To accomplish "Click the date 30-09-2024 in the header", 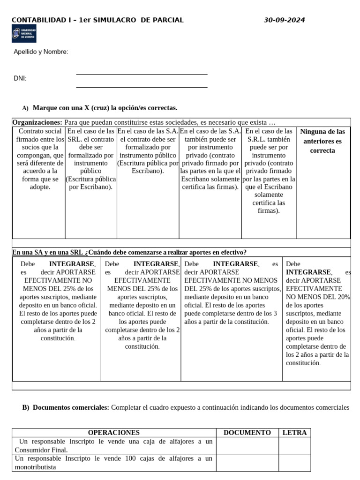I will pos(284,20).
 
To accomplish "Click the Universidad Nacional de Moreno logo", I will pos(24,34).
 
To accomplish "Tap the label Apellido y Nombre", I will pos(41,52).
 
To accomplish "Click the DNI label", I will pos(20,78).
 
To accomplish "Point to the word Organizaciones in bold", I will pos(37,122).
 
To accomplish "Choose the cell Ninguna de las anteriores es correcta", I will pos(322,141).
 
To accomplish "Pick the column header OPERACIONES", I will pos(114,433).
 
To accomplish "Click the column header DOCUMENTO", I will pos(247,433).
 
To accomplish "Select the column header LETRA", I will pos(294,433).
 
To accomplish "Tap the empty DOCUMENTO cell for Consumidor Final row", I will pos(247,446).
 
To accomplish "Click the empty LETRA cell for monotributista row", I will pos(294,462).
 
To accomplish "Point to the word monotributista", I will pos(35,467).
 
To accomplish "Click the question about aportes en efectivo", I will pos(129,252).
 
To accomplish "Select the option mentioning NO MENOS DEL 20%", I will pos(317,313).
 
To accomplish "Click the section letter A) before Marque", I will pos(25,108).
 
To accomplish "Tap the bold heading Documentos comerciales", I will pos(71,407).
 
